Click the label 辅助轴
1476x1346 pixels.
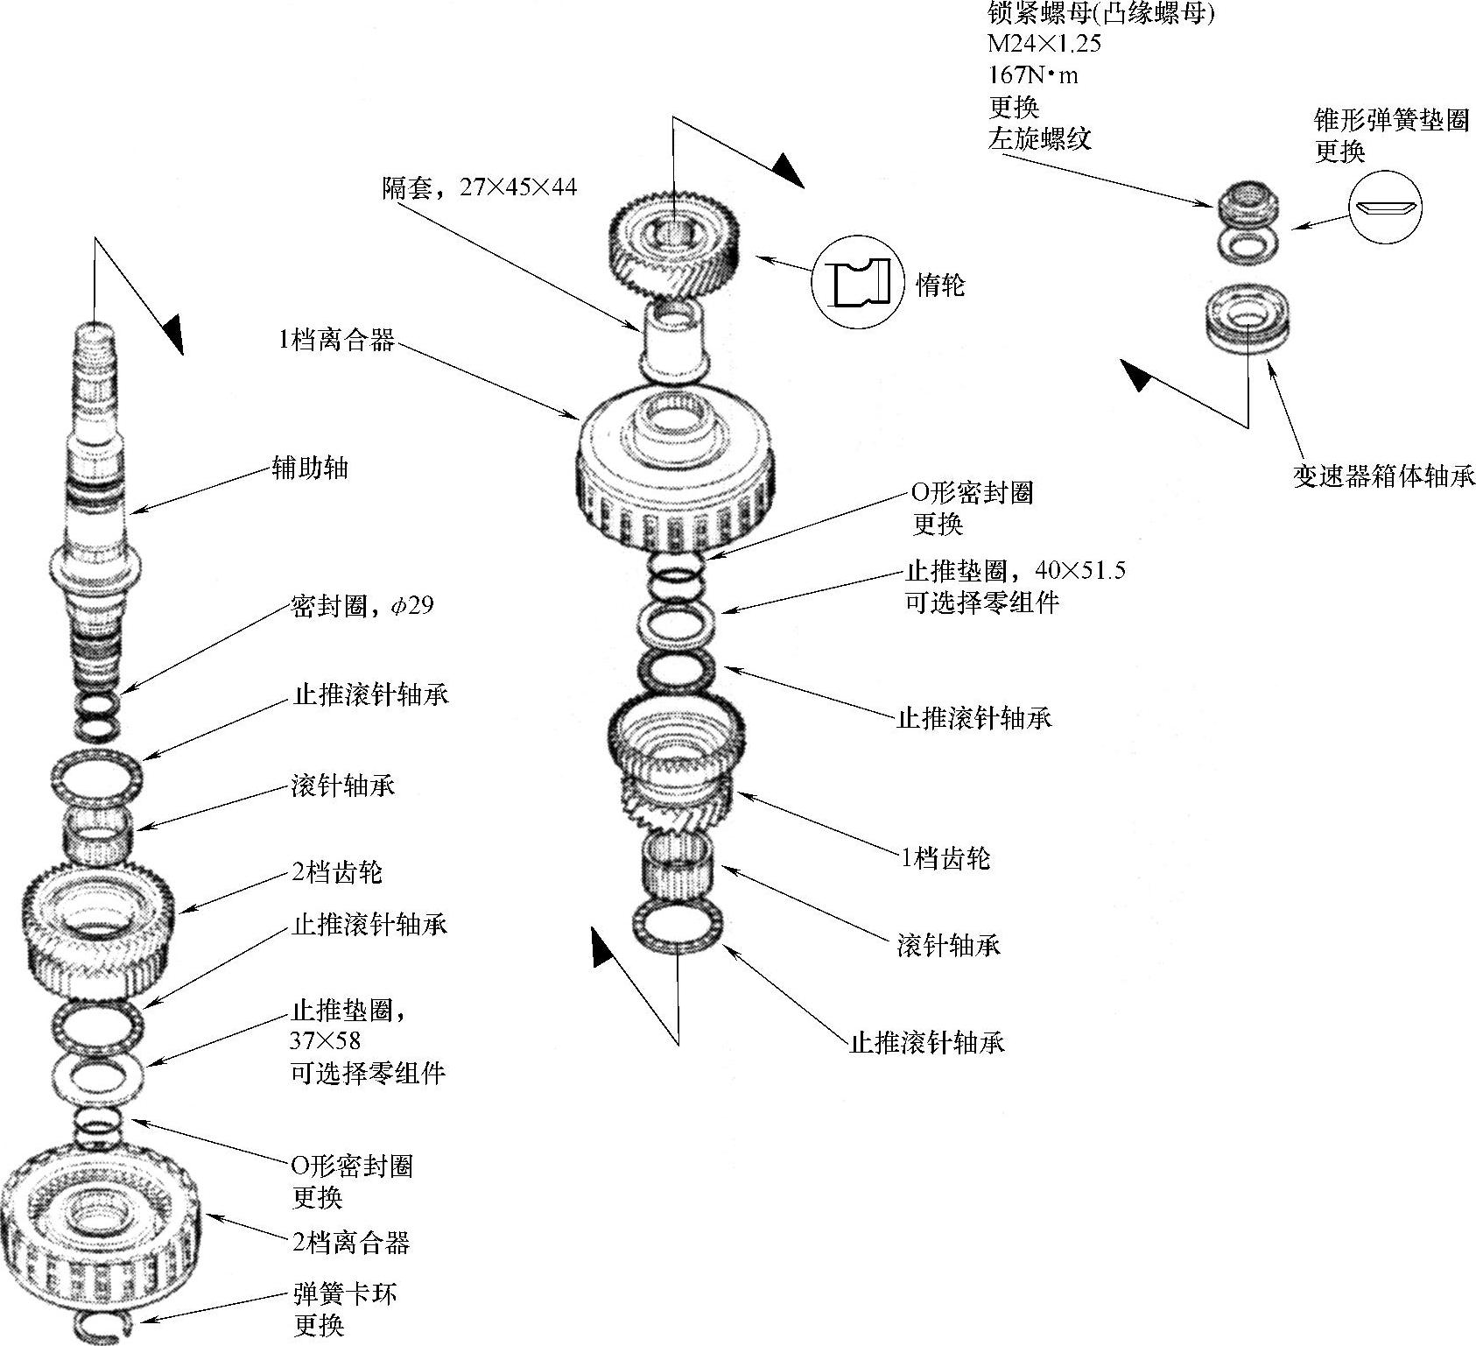[311, 469]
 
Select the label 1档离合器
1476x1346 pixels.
[336, 340]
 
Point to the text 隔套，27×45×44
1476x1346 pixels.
[479, 187]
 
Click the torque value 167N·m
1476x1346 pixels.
[1033, 75]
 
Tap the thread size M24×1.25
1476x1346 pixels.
[1044, 44]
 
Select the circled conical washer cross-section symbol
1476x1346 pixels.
[1384, 208]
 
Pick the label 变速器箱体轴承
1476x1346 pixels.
[1383, 476]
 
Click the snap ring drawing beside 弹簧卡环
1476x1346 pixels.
[102, 1325]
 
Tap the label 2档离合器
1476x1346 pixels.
[351, 1241]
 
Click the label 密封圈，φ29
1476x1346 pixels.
[362, 606]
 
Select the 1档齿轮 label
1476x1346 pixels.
[945, 858]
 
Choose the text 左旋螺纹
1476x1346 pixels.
[1039, 138]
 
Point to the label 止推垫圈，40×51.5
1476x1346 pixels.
[1015, 571]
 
